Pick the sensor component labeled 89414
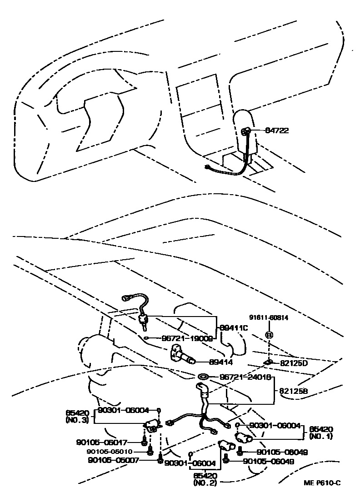click(182, 354)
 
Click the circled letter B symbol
click(269, 336)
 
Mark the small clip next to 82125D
click(269, 362)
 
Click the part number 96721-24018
click(245, 377)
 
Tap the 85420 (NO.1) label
click(321, 432)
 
